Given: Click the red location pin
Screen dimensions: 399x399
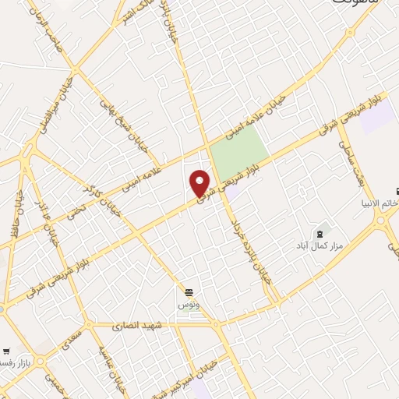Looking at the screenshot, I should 200,183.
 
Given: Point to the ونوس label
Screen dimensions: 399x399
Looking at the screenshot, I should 189,305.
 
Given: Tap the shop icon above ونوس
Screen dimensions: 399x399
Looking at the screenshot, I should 187,292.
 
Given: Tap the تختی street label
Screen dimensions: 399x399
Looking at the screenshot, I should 76,204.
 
